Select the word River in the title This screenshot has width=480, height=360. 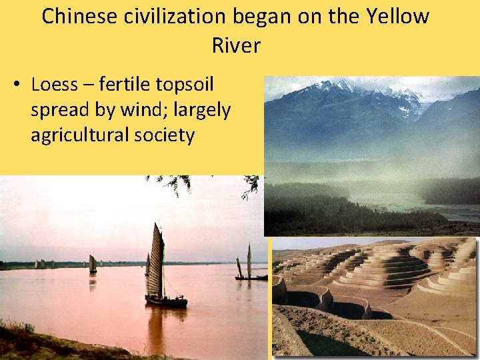236,45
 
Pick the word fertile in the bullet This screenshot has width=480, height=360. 127,85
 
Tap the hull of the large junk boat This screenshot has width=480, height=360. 166,302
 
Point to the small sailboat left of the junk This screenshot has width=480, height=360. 93,264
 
